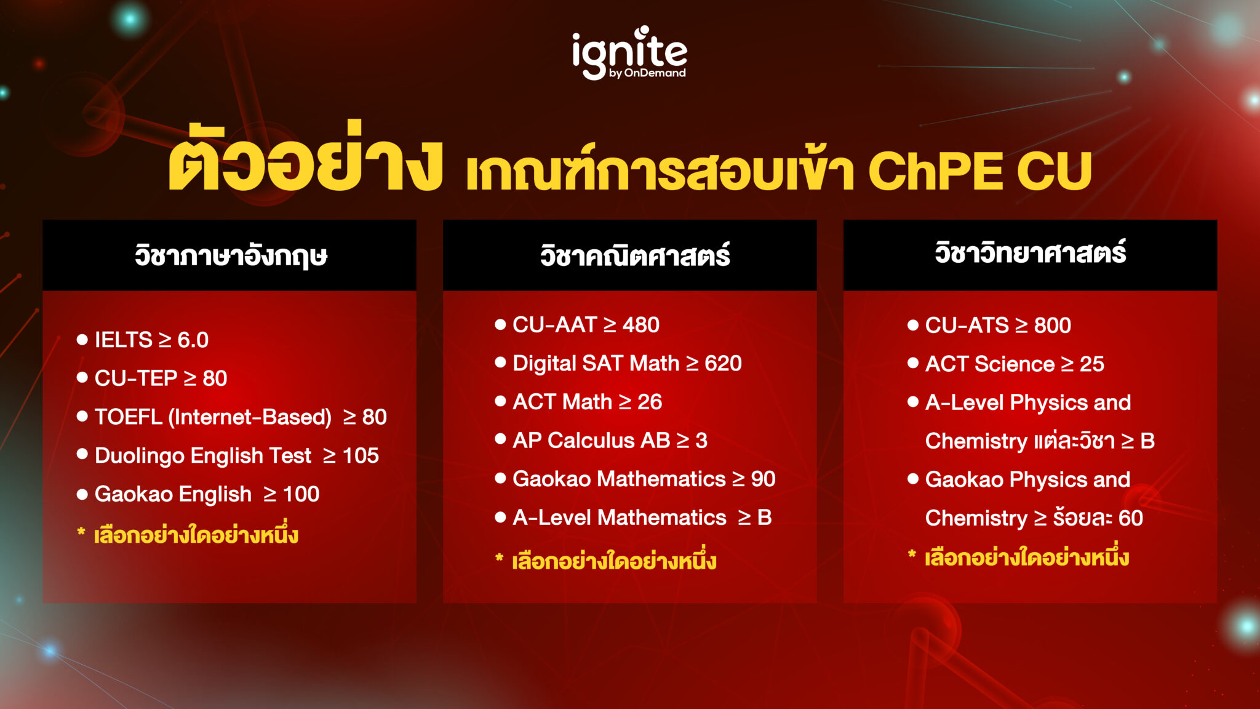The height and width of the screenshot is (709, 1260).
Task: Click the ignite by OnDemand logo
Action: tap(629, 54)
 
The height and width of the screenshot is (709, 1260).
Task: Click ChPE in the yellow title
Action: tap(935, 171)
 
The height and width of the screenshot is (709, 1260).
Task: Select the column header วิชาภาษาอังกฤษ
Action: tap(231, 255)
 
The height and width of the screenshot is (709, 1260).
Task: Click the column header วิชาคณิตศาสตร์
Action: tap(634, 255)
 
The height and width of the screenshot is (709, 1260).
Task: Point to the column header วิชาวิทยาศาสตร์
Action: tap(1030, 253)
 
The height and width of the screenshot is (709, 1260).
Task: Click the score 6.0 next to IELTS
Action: tap(193, 340)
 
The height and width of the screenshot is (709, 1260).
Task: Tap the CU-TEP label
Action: tap(135, 378)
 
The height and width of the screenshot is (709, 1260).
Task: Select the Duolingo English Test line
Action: tap(236, 455)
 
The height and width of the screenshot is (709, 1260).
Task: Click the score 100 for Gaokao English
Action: tap(301, 494)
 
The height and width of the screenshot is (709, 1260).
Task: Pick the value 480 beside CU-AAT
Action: tap(640, 324)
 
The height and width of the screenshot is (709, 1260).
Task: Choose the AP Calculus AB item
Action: tap(609, 440)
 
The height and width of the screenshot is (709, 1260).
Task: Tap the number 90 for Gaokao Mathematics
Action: tap(763, 479)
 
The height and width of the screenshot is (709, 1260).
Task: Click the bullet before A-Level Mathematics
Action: tap(500, 517)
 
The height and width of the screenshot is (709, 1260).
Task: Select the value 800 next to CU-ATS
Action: tap(1052, 325)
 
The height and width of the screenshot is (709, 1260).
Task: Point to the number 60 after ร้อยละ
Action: tap(1130, 518)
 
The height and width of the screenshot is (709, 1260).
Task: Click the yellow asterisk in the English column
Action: tap(81, 532)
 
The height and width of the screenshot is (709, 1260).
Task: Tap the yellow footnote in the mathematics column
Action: tap(613, 561)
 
